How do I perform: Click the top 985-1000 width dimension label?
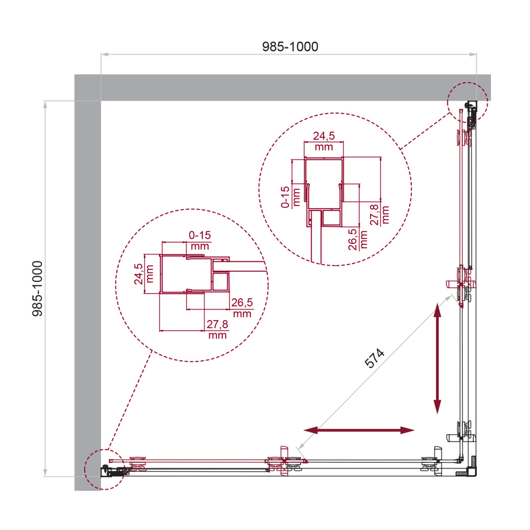click(x=290, y=47)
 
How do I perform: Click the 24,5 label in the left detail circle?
click(x=138, y=273)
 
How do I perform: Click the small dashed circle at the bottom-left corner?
click(x=103, y=469)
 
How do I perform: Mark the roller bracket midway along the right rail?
click(x=463, y=281)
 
